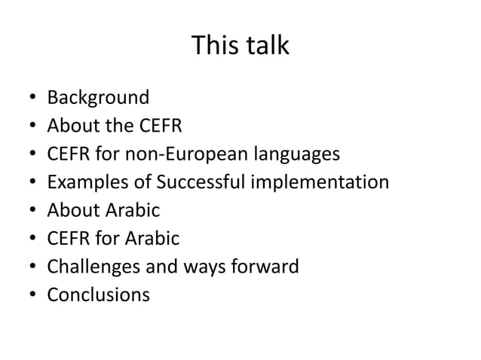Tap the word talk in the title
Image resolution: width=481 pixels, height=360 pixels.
(265, 47)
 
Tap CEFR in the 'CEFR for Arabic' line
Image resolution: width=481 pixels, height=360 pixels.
(67, 239)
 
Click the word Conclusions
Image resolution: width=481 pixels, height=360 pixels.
(98, 295)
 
